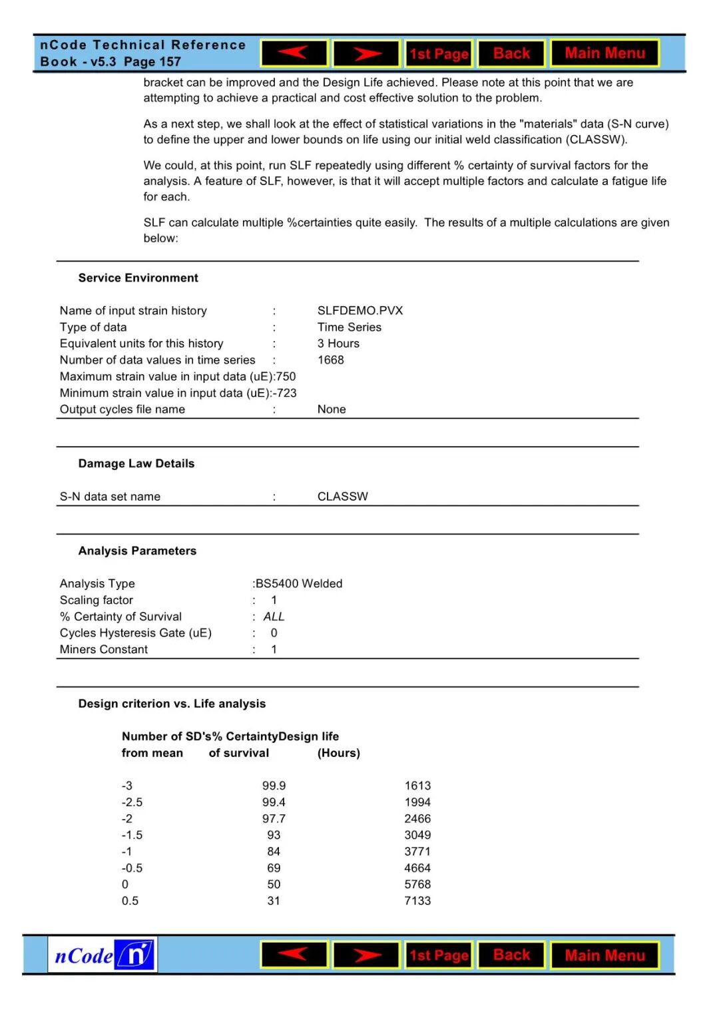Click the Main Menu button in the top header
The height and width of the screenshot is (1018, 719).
click(x=604, y=53)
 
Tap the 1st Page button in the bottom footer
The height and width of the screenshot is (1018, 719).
click(x=439, y=955)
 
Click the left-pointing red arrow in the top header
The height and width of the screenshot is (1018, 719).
click(x=294, y=53)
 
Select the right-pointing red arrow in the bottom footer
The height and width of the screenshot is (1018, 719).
click(x=366, y=955)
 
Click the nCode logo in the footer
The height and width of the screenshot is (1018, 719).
click(x=103, y=955)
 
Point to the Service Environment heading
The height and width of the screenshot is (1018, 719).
click(x=138, y=278)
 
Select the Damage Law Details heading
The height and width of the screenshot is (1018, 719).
click(x=136, y=463)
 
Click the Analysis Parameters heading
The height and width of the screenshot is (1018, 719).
click(x=137, y=551)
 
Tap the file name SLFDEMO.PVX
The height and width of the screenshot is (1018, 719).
click(x=359, y=310)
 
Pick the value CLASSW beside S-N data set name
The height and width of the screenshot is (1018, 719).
click(x=342, y=496)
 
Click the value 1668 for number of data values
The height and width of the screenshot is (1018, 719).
click(x=330, y=360)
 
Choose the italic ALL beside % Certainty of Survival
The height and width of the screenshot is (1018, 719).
click(x=274, y=617)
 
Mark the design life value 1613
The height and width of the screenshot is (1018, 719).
click(x=417, y=786)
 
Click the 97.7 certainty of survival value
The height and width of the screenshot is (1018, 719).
click(x=274, y=818)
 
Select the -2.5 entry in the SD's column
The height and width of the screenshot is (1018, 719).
click(x=132, y=802)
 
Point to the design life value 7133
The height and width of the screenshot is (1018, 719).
click(x=417, y=901)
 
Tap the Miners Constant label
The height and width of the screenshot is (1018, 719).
click(x=104, y=649)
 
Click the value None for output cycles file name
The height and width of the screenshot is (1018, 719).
click(x=332, y=409)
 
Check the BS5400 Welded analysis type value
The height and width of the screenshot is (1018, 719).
click(x=299, y=583)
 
